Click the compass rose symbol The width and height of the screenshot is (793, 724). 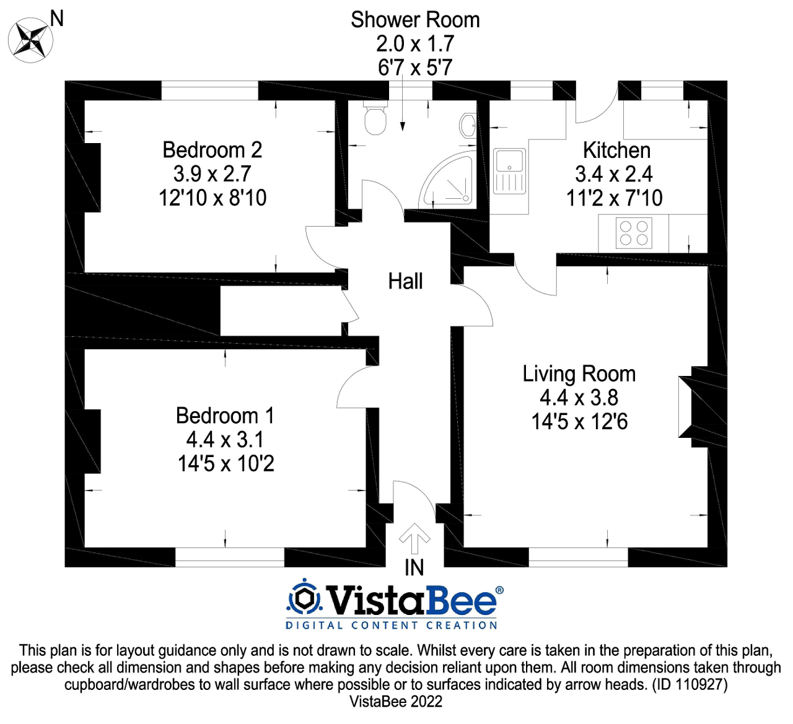[x=30, y=40]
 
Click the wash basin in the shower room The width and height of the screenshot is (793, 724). [x=468, y=126]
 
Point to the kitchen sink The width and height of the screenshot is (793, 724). [x=509, y=171]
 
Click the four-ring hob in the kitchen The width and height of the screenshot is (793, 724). [x=634, y=233]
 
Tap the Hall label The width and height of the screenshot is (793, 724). [x=405, y=281]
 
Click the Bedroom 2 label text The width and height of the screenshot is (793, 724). [x=212, y=150]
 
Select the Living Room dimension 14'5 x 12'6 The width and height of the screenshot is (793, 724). [x=579, y=422]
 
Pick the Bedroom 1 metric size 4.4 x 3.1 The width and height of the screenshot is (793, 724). [x=225, y=440]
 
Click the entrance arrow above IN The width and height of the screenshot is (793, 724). [x=414, y=538]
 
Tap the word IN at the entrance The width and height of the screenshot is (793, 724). [x=414, y=567]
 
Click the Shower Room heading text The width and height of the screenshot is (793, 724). [x=415, y=20]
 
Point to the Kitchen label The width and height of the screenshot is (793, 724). [x=616, y=150]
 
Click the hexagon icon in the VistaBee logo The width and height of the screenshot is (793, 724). [x=304, y=599]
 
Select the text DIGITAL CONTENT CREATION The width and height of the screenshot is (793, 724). [x=391, y=625]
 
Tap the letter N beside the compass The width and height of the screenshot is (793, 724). [x=58, y=19]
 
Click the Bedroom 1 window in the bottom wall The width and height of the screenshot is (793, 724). [x=230, y=557]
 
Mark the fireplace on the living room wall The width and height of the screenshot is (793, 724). [x=703, y=407]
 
